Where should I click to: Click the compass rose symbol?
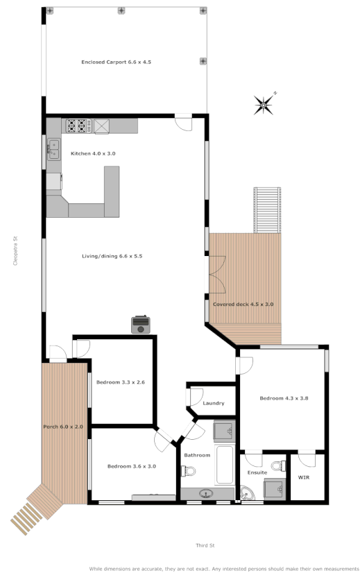click(264, 105)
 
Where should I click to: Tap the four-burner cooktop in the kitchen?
click(78, 126)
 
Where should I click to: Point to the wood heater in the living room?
click(141, 324)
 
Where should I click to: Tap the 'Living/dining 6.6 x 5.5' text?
click(113, 256)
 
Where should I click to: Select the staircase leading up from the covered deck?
click(266, 210)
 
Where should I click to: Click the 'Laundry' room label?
click(213, 403)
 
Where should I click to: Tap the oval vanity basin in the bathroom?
click(207, 494)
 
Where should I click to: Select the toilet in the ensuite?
click(276, 465)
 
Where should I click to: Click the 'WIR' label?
click(303, 477)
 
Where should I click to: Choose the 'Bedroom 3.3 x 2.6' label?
click(120, 382)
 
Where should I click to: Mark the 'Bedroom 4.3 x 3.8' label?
click(283, 398)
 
